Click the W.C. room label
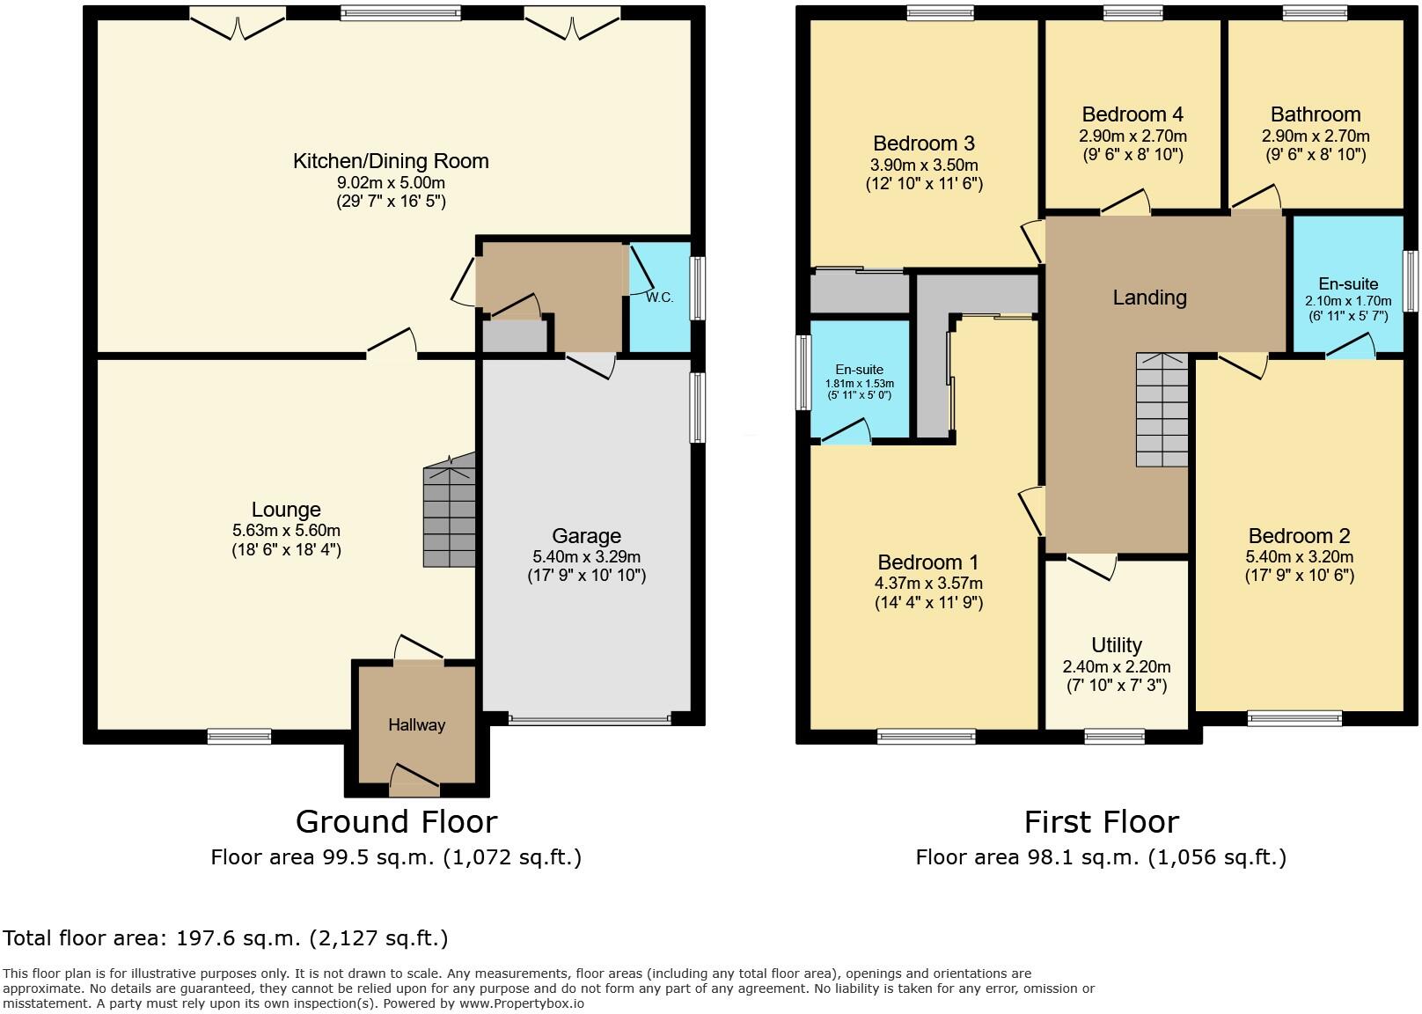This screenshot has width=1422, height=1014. pos(659,298)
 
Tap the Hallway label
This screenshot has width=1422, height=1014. pos(416,725)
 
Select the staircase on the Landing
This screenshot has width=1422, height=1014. pos(1162,411)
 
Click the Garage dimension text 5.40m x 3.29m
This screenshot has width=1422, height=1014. pos(586,556)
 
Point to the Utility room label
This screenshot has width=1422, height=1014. pos(1116,645)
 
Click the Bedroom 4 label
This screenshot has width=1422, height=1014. pos(1132,114)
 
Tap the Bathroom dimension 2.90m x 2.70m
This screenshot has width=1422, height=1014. pos(1316,136)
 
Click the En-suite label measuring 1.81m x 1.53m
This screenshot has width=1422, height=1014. pos(859,370)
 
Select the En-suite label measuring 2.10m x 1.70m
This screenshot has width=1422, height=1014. pos(1348,283)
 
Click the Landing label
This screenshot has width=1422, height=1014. pos(1149,298)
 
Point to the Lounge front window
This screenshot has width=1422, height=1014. pos(239,736)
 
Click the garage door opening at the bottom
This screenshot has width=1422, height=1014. pos(590,720)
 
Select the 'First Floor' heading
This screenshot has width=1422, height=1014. pos(1101,821)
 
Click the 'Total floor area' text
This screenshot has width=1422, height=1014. pos(225,938)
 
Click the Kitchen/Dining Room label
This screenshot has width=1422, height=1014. pos(391,161)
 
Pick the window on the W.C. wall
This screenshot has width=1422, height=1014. pos(697,288)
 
